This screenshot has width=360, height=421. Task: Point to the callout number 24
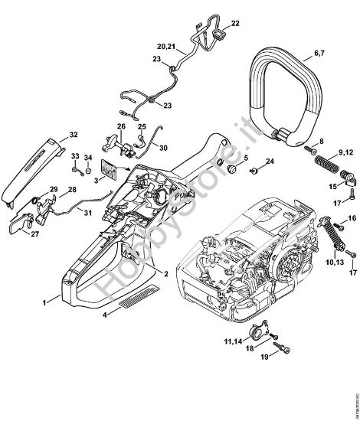click(x=269, y=161)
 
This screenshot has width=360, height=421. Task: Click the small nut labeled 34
click(x=88, y=169)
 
